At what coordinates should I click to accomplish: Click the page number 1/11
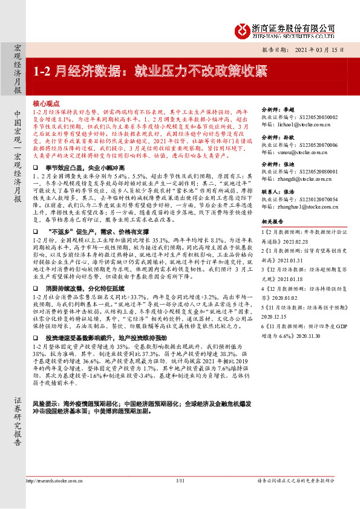tap(180, 498)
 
